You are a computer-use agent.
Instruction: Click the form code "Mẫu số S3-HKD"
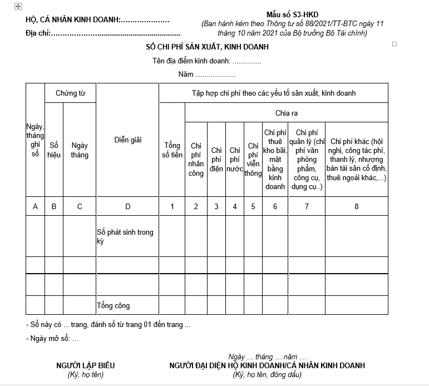292,14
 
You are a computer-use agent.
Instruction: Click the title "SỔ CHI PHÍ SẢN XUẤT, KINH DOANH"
204,47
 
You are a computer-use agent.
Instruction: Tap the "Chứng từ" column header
70,93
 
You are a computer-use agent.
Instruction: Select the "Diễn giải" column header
127,140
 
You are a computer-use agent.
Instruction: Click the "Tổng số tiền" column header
172,150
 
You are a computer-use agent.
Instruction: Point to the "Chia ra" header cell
287,113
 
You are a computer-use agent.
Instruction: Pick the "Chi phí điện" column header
216,159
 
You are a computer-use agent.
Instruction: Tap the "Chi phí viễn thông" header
253,159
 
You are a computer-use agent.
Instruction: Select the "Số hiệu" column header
54,150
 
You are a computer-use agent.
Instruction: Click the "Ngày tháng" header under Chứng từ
80,150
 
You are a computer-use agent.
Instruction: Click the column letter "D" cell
127,207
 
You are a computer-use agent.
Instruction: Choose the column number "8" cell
357,207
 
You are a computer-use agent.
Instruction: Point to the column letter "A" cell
35,207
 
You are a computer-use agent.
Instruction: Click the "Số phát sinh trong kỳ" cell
125,236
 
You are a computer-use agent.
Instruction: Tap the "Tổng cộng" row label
114,305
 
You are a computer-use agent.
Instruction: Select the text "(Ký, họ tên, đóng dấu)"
267,374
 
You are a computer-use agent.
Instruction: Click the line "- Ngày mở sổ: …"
53,338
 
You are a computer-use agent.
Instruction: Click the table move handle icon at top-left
18,6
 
